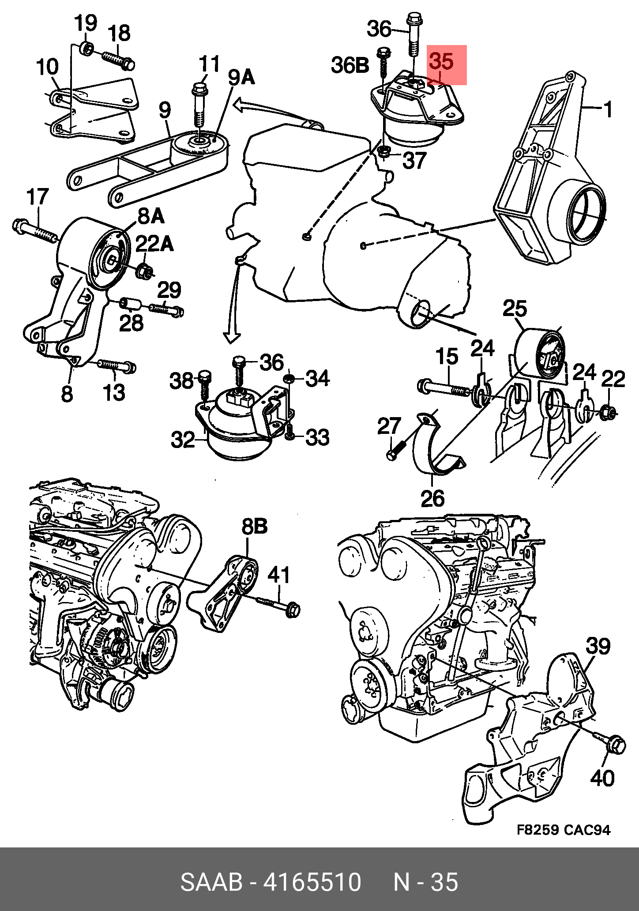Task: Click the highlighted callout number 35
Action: click(442, 62)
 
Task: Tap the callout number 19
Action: click(85, 23)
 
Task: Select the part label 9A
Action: click(241, 78)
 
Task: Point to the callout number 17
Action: click(38, 197)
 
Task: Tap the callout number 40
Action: click(602, 778)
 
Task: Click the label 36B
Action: click(350, 65)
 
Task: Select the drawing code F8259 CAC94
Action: click(564, 830)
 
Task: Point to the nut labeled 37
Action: click(383, 152)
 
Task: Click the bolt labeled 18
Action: click(118, 60)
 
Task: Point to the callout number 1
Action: click(608, 109)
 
